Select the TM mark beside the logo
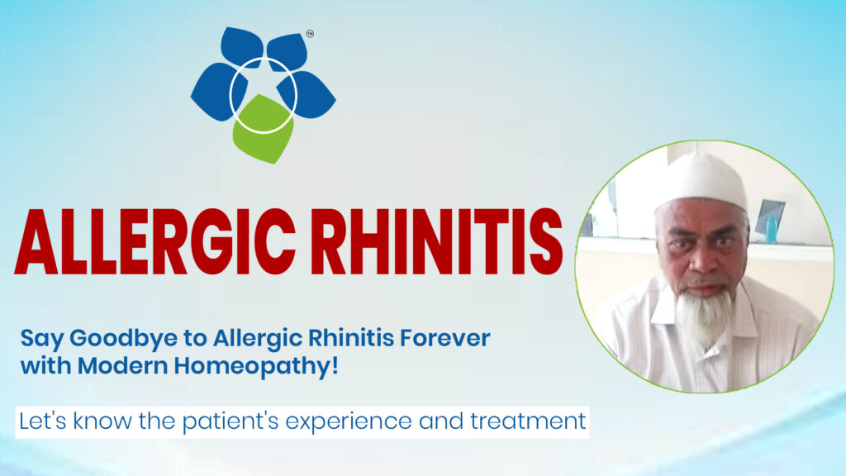point(310,35)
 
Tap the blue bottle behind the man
point(771,229)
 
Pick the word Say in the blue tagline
point(36,338)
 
